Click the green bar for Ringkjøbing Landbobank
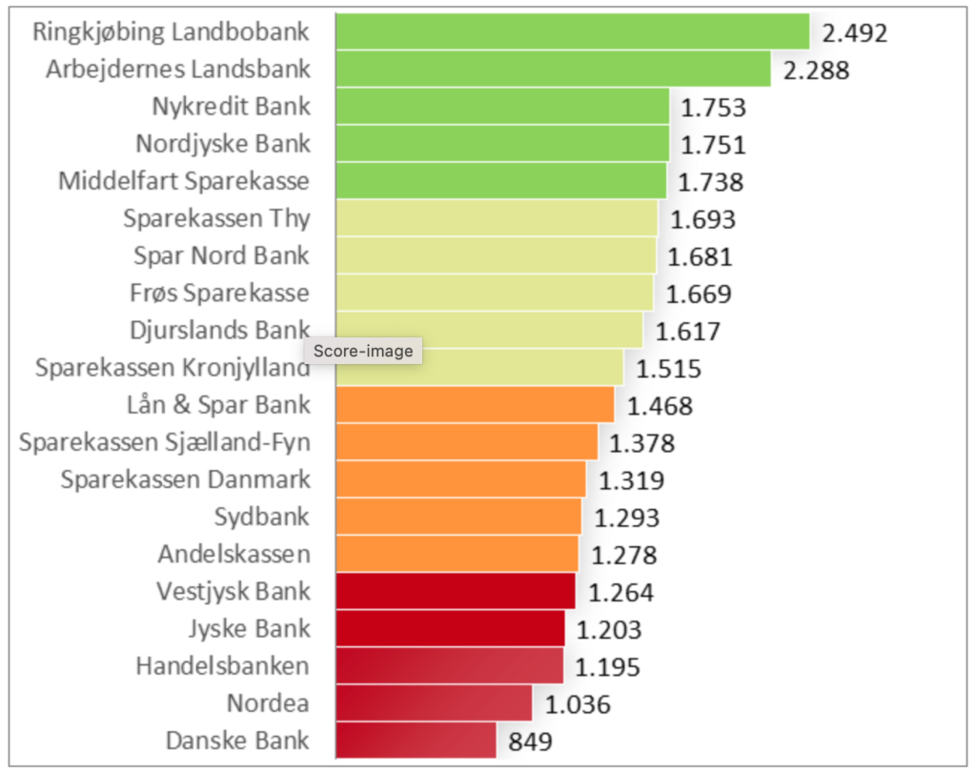tap(572, 31)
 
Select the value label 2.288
tap(816, 70)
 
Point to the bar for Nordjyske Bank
tap(502, 143)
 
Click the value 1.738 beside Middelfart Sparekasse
tap(710, 181)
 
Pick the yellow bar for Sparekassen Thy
tap(497, 218)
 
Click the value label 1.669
tap(699, 293)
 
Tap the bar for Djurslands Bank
tap(490, 330)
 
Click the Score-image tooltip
tap(362, 351)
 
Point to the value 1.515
tap(668, 368)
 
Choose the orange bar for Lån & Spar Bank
tap(475, 404)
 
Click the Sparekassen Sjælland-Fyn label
tap(164, 442)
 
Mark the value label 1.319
tap(631, 480)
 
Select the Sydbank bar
tap(458, 517)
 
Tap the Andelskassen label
tap(234, 554)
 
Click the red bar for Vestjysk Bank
tap(456, 591)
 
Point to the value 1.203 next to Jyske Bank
tap(609, 629)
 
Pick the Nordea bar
tap(434, 703)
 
